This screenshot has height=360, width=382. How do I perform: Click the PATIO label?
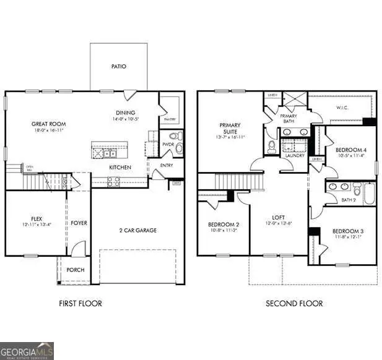[x=119, y=66]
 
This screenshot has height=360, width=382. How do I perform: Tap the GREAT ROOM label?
[x=49, y=124]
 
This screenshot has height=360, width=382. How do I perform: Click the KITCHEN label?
[x=119, y=168]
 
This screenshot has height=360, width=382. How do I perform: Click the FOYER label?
[x=78, y=223]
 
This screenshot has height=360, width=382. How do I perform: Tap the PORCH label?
[x=76, y=270]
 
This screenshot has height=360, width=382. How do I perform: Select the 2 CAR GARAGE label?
[x=137, y=230]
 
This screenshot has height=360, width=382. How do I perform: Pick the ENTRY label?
[x=166, y=165]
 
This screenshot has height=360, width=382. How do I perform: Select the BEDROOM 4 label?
[x=351, y=150]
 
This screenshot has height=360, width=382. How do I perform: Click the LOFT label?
[x=279, y=218]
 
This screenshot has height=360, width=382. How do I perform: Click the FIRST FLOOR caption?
[x=80, y=303]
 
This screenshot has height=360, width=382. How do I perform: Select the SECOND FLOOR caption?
[x=294, y=303]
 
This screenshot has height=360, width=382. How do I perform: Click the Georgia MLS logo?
[x=27, y=351]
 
